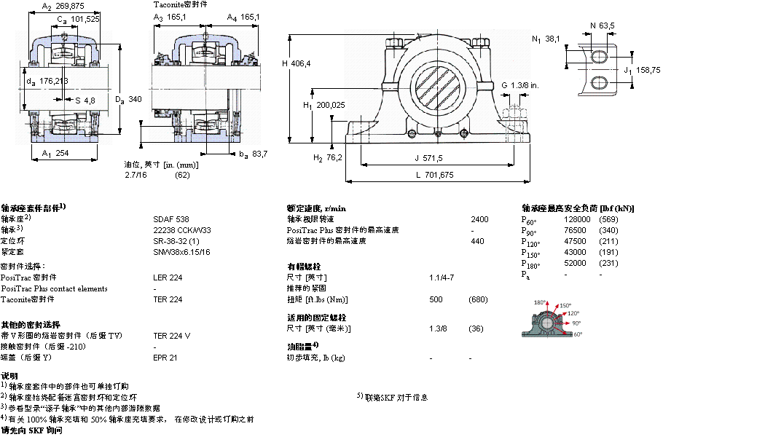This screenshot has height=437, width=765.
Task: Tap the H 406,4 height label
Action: [297, 63]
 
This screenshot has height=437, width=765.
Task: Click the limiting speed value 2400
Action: [479, 219]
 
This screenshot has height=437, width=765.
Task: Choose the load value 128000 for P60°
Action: [577, 219]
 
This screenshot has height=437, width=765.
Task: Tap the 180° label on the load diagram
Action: [540, 302]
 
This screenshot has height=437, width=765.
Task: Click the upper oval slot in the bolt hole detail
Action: [599, 57]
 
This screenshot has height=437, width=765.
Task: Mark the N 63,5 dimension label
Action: [603, 25]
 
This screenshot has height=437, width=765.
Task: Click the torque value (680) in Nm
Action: [478, 299]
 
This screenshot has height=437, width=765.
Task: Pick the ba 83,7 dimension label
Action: [254, 154]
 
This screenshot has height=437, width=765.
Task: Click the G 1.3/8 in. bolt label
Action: [519, 86]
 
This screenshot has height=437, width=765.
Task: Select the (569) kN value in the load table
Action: [608, 219]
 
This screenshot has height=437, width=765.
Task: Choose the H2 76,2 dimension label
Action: [328, 158]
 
